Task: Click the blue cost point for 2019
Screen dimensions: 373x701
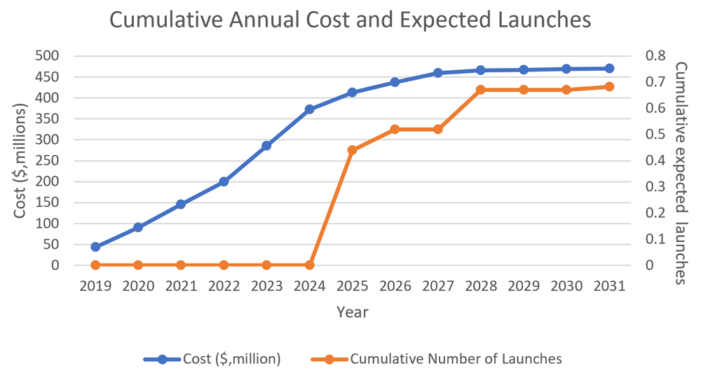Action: coord(95,247)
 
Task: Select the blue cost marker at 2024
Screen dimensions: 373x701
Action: coord(309,109)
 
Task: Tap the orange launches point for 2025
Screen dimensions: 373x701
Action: coord(352,150)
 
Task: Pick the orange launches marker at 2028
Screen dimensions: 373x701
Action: coord(480,90)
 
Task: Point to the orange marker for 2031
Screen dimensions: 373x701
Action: coord(609,87)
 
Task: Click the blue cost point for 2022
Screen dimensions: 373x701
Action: coord(224,182)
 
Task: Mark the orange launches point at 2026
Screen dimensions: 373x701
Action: coord(395,129)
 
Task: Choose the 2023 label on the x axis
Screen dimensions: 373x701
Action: coord(266,287)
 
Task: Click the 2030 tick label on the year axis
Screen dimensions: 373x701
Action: coord(566,287)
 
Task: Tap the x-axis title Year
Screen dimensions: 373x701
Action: coord(352,311)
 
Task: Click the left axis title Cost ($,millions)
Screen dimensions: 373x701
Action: coord(20,160)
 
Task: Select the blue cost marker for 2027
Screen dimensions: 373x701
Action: coord(437,73)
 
